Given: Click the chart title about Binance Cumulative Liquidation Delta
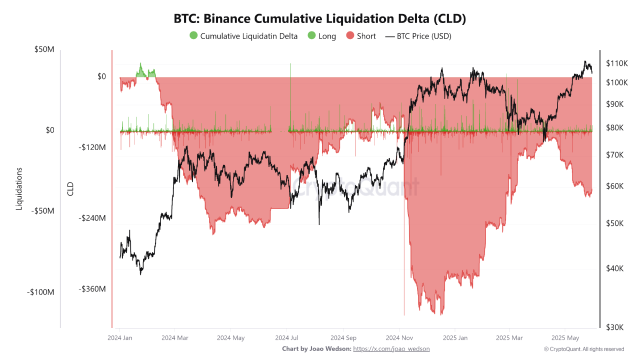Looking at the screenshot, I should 320,18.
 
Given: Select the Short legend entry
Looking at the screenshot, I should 361,36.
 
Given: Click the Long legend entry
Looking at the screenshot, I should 322,36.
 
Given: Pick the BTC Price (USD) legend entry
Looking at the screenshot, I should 418,36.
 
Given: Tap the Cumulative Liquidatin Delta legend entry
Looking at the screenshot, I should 243,36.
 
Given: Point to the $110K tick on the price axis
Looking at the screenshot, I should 616,63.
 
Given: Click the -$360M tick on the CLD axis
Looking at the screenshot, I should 92,289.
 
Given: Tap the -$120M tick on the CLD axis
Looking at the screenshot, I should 92,147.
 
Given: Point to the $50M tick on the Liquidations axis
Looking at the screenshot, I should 44,49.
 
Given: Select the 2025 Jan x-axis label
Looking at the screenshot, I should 455,338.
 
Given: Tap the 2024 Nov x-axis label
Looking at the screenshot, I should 399,338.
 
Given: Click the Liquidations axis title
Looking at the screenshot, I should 19,188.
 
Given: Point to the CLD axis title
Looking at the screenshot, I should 70,188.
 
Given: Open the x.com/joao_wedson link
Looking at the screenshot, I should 391,349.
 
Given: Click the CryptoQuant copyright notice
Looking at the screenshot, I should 583,349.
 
